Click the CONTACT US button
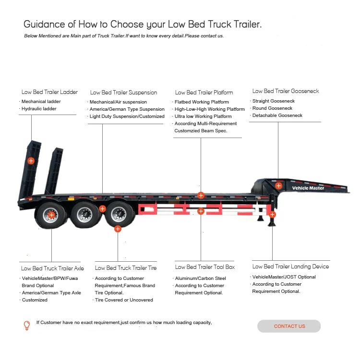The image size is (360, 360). coord(289,326)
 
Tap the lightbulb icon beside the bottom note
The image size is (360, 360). coord(27,325)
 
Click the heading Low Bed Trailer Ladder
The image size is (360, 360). coord(49,92)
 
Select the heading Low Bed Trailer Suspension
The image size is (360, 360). coord(123,93)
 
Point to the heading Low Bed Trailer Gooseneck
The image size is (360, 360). coord(286,91)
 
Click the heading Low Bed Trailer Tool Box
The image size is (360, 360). coord(205,267)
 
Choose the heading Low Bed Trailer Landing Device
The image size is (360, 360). coord(291,267)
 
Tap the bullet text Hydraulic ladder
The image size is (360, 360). coord(39,109)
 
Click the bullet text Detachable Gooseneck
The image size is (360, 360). coord(277,116)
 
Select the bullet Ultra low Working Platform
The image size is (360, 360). coord(203,116)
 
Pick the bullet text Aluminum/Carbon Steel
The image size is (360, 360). coord(200,279)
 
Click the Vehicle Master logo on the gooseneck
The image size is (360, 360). coord(308,188)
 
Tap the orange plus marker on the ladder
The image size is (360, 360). coord(31,161)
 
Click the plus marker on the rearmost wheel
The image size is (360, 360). coord(52,215)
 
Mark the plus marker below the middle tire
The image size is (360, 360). coord(118,229)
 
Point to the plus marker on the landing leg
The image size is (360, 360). coord(272,214)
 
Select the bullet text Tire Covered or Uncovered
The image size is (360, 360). coord(124,300)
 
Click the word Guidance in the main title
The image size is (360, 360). coord(42,24)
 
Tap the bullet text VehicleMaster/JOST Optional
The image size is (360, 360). coord(284,277)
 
